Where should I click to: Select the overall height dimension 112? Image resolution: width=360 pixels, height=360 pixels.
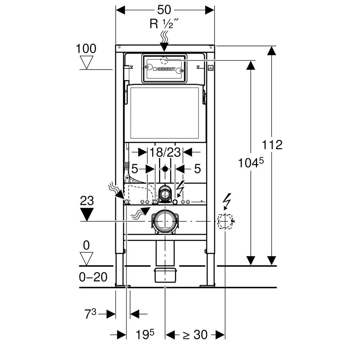(272, 145)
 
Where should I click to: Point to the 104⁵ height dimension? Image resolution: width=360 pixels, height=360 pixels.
(251, 163)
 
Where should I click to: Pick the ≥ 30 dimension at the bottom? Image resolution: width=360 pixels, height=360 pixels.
(195, 335)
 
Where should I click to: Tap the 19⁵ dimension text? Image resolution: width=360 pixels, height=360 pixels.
(145, 335)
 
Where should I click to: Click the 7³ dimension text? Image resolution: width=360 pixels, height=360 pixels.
(90, 314)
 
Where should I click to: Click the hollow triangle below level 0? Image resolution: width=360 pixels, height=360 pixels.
(86, 258)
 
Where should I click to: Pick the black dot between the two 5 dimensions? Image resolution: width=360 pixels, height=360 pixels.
(165, 168)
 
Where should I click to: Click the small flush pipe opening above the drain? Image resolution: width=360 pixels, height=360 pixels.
(165, 194)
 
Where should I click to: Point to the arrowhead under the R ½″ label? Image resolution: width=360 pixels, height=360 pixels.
(165, 46)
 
